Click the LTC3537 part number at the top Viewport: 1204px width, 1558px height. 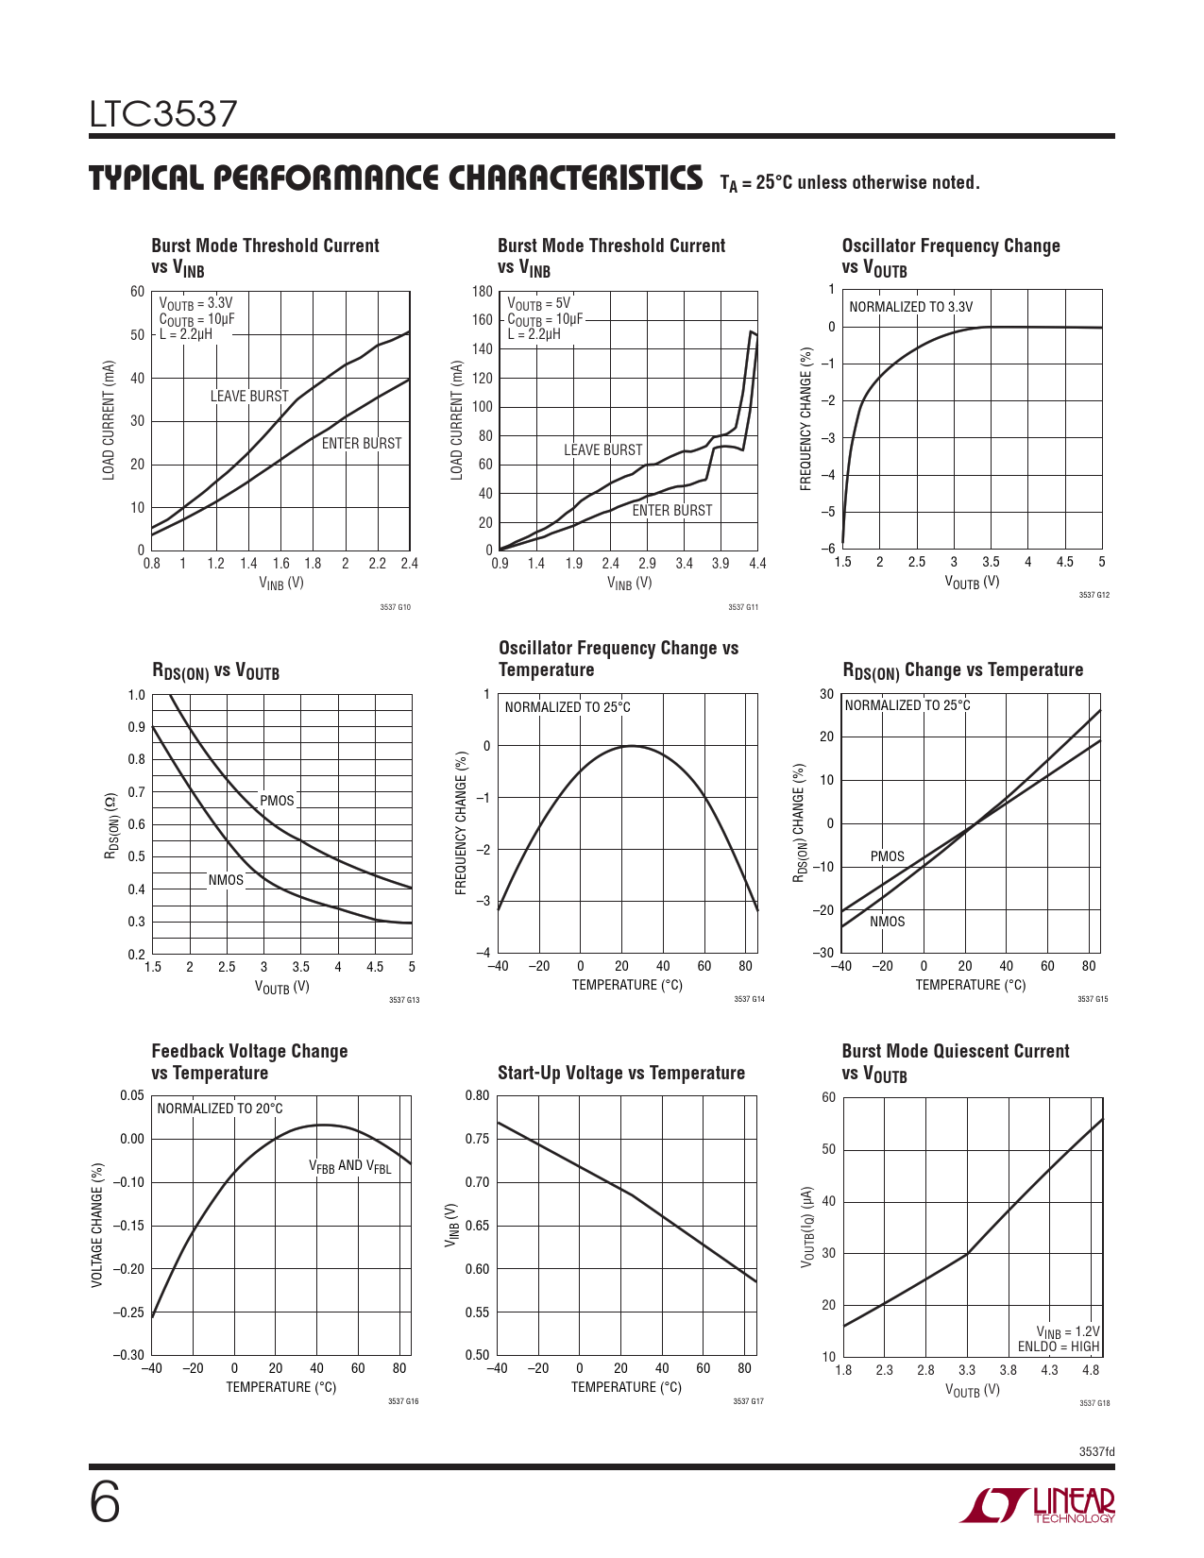coord(163,114)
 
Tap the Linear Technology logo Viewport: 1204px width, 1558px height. coord(1037,1505)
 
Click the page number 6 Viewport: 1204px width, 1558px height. coord(105,1502)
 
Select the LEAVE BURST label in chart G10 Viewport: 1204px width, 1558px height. coord(249,397)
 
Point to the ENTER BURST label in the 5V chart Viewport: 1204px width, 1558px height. coord(672,511)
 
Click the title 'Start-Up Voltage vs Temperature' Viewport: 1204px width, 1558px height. coord(621,1073)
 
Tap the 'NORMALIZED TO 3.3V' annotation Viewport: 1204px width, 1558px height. coord(910,307)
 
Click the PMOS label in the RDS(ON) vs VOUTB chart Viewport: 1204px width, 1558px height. coord(277,801)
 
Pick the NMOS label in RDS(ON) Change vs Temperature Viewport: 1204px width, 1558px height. coord(887,922)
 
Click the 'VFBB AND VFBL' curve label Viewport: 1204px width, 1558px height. coord(349,1166)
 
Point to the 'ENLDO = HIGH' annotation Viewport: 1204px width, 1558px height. coord(1059,1346)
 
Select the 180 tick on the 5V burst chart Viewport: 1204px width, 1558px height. coord(483,292)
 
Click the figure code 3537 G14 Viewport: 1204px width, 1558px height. coord(749,999)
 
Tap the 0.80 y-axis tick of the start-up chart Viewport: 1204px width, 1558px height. coord(477,1096)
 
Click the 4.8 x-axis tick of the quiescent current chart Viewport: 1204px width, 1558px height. coord(1091,1370)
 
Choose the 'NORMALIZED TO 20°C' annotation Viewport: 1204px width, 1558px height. coord(220,1109)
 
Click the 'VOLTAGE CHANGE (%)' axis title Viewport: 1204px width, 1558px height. coord(97,1225)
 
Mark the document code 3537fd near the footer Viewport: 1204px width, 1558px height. coord(1096,1451)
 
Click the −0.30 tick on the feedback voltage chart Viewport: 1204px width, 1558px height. coord(128,1356)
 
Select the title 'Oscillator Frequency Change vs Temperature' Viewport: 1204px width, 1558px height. coord(619,659)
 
